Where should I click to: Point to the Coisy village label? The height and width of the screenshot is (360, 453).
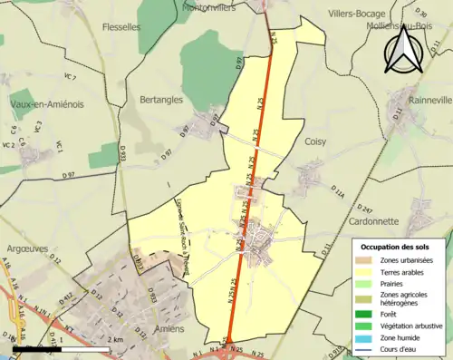click(x=316, y=141)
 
